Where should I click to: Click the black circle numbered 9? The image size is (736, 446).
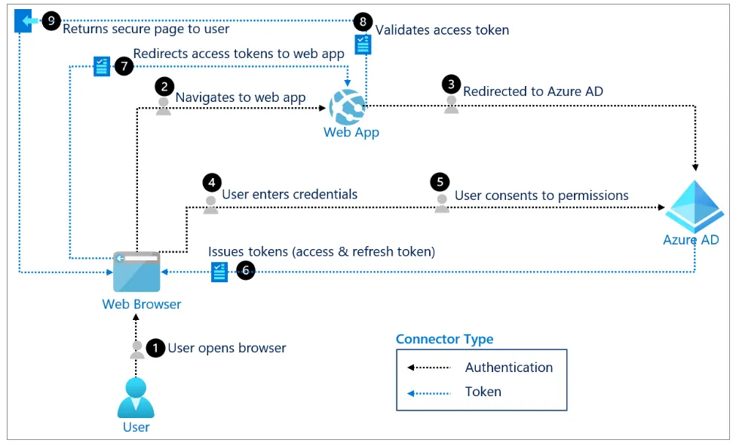coord(51,21)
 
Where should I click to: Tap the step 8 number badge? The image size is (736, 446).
coord(364,22)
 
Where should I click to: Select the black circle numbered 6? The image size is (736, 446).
coord(246,271)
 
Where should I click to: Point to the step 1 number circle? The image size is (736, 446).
coord(155,348)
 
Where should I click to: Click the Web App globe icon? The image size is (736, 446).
coord(348,106)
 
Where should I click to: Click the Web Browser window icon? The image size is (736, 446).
coord(136,272)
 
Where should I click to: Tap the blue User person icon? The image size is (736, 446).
coord(136,398)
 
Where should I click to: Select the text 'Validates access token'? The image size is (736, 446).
coord(442,30)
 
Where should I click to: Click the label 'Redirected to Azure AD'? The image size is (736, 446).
coord(532,91)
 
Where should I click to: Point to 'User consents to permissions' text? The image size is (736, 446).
coord(541,195)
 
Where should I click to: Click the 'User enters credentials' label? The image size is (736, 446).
coord(290,194)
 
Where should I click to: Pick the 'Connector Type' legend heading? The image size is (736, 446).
coord(445,339)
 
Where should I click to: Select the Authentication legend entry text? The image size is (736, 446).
coord(509,368)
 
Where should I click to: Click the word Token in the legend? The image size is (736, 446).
coord(483,392)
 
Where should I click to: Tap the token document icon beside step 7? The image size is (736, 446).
coord(101,66)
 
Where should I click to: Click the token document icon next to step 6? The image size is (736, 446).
coord(219,272)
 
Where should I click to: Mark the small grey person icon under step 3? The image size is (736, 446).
coord(451,105)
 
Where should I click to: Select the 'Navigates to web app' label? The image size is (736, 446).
coord(241,97)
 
